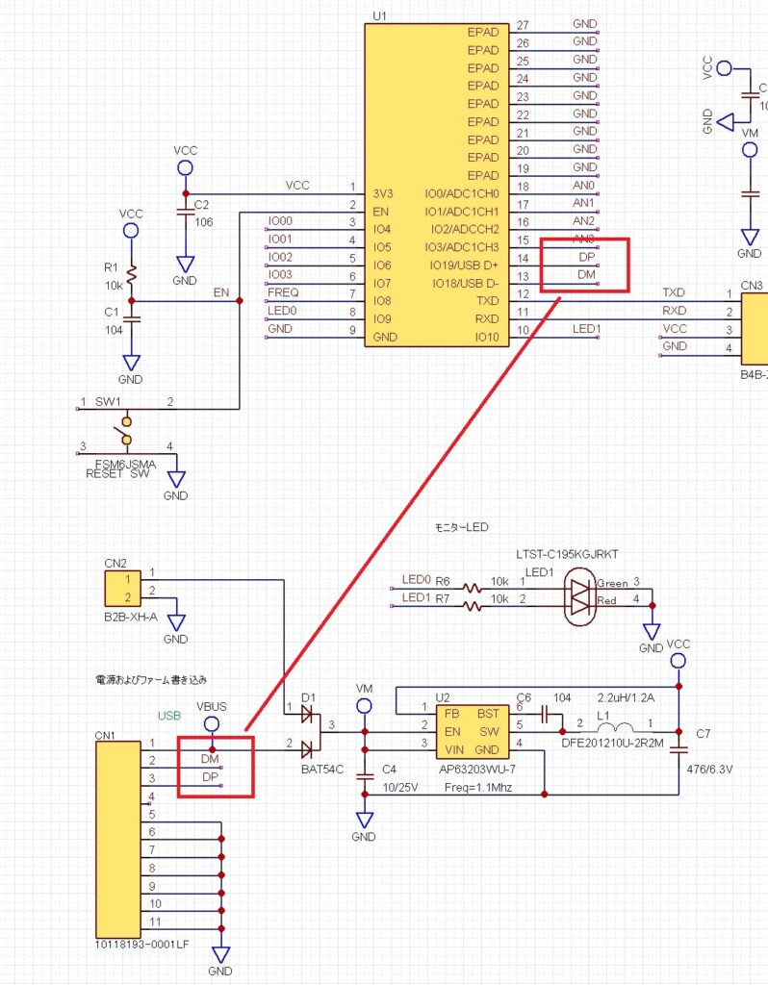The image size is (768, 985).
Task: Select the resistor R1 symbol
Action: point(131,276)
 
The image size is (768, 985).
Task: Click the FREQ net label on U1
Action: point(284,291)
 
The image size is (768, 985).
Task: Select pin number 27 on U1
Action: point(523,25)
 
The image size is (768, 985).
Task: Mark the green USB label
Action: point(169,717)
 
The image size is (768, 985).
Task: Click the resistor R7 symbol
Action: point(473,606)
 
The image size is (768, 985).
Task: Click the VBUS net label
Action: point(211,705)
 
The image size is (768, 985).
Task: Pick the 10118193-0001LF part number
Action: point(142,944)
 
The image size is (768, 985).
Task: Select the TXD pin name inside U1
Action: point(486,301)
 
